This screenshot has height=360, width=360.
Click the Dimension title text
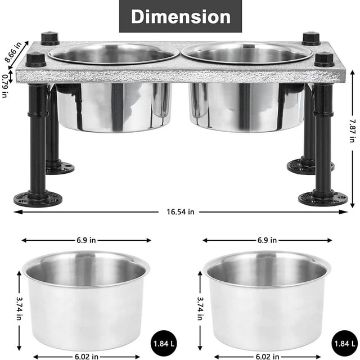(180, 16)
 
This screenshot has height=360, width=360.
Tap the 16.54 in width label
(180, 212)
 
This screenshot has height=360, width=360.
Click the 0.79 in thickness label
(5, 85)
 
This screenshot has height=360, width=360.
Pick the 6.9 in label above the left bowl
(86, 240)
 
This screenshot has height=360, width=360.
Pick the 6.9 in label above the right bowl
(267, 240)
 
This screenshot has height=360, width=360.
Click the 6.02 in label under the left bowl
(86, 355)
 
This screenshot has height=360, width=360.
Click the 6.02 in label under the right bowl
(267, 355)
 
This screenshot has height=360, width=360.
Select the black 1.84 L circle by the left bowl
(163, 342)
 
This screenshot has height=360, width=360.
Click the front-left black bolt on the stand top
(35, 59)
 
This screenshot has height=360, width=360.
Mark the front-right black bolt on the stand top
(324, 59)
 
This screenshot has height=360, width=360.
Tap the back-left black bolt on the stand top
(50, 39)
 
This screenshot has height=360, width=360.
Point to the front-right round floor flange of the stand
(323, 197)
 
